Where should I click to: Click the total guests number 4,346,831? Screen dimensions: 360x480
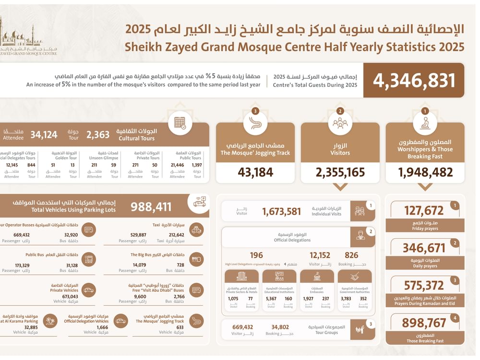[414, 81]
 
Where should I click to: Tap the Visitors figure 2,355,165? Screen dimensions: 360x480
[340, 172]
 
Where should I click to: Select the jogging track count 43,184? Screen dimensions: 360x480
[255, 172]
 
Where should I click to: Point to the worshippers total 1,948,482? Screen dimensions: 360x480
[425, 172]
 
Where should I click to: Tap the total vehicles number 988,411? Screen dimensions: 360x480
[151, 207]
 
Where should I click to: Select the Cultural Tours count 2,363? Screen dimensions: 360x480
[98, 135]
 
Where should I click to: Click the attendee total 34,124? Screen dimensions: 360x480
[44, 135]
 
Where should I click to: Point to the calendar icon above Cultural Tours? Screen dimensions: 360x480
[180, 122]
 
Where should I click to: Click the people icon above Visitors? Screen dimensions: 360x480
[340, 123]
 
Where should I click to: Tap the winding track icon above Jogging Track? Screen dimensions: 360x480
[255, 123]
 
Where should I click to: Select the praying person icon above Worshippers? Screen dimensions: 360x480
[425, 123]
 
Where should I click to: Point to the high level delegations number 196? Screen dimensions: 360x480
[256, 255]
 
